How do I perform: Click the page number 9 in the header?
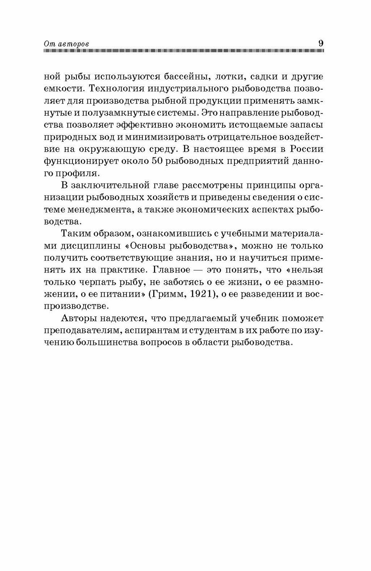tap(321, 43)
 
